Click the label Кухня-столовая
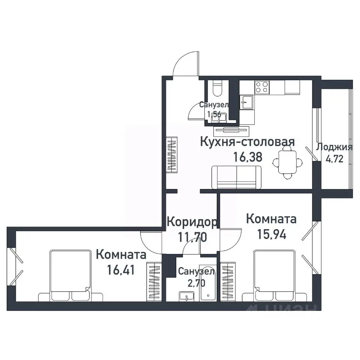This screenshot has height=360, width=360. [247, 142]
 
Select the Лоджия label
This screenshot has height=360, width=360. [334, 147]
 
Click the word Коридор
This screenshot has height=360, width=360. [191, 222]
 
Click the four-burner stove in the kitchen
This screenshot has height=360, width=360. [262, 87]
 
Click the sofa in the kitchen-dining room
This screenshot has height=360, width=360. [237, 177]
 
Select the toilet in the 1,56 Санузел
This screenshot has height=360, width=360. [217, 89]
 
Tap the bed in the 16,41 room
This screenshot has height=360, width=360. [71, 276]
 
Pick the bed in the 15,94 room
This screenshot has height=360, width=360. [274, 276]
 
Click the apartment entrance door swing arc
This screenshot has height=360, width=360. [185, 64]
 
